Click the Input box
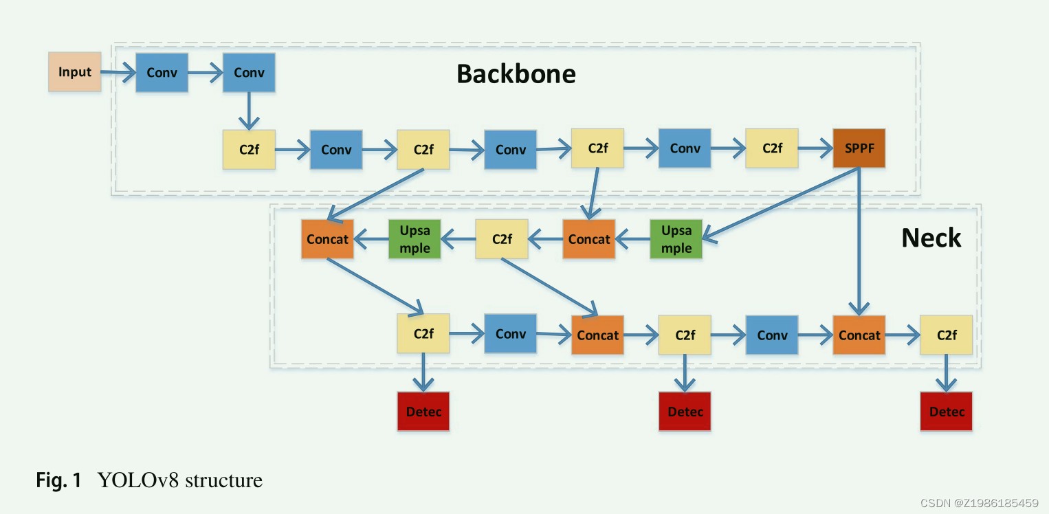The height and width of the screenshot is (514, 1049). [x=75, y=72]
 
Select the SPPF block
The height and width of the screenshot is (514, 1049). [x=859, y=148]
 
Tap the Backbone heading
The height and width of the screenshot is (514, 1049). [x=516, y=74]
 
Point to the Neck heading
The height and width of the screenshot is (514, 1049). [x=931, y=238]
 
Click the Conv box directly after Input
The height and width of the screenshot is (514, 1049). [x=162, y=72]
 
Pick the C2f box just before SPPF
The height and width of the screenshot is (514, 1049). [x=772, y=148]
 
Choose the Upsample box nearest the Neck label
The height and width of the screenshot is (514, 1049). [x=676, y=239]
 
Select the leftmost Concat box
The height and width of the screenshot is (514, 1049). [x=327, y=239]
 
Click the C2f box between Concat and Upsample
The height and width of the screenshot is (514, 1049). [x=502, y=239]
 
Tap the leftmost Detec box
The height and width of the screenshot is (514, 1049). [x=423, y=412]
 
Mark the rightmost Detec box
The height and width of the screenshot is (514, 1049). [x=947, y=412]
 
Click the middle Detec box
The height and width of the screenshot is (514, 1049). [x=685, y=412]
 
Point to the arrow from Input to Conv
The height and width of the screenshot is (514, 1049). [x=118, y=72]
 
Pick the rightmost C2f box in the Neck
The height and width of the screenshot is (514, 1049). [x=947, y=335]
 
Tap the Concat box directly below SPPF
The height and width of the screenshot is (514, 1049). [x=859, y=335]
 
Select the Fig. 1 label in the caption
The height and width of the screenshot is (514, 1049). [x=58, y=480]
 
